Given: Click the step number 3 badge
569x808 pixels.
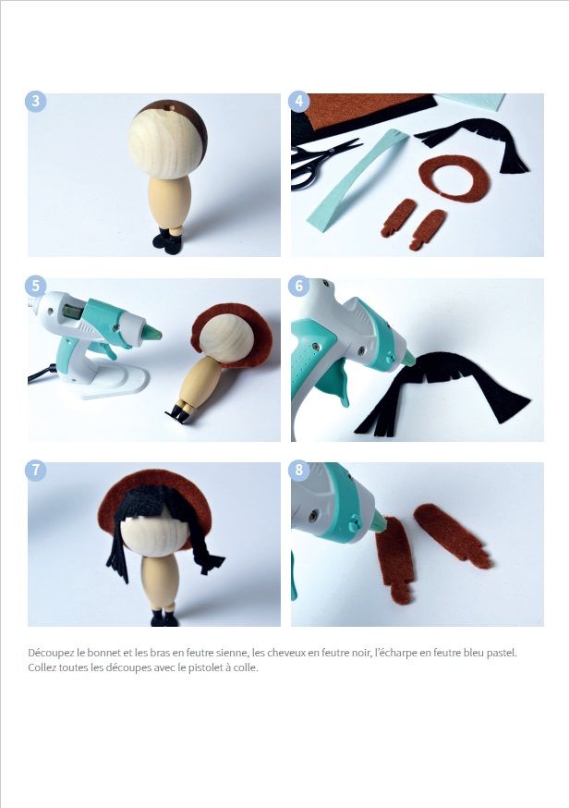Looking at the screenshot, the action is tap(35, 101).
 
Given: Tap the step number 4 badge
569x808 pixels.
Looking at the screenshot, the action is tap(299, 101).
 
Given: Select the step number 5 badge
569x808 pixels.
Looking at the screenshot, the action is tap(35, 286).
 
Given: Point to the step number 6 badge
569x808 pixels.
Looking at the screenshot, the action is tap(299, 286).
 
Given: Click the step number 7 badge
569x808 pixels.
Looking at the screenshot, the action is tap(35, 470).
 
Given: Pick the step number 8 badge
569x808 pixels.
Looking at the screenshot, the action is tap(299, 470).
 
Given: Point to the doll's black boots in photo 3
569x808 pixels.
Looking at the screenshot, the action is tap(167, 241).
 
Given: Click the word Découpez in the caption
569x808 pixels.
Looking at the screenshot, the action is tap(51, 653).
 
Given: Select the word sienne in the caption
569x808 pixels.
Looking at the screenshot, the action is tap(234, 653).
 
